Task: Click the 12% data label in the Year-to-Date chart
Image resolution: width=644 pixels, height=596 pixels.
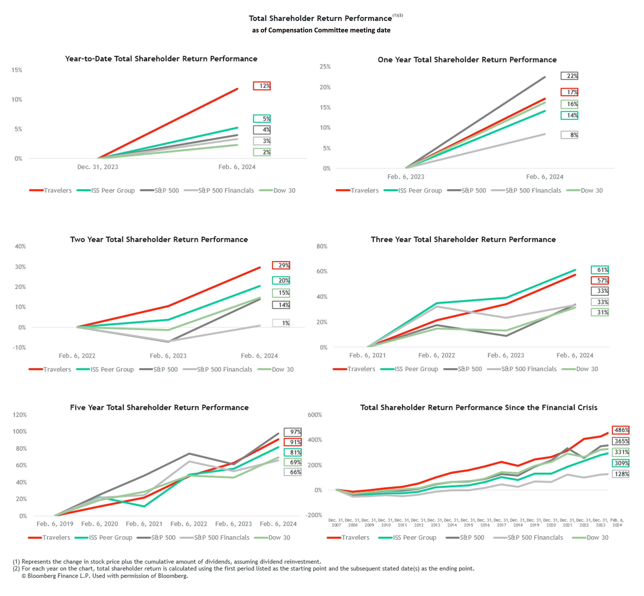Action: pos(261,86)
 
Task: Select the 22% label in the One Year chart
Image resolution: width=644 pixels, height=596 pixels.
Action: pos(569,76)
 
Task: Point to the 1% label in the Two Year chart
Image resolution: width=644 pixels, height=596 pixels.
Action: pos(281,323)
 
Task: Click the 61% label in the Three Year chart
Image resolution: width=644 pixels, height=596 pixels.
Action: pos(600,270)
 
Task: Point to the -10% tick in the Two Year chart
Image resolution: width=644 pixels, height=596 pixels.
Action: pos(19,347)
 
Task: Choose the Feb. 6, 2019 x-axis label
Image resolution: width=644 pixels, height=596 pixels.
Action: pos(55,524)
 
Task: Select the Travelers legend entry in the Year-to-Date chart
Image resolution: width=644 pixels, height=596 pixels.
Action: pos(57,190)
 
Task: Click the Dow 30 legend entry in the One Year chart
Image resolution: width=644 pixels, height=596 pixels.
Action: pos(592,190)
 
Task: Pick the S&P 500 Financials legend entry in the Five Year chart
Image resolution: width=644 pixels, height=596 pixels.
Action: pos(222,537)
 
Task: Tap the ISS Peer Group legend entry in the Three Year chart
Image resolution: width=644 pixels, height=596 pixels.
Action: pos(416,369)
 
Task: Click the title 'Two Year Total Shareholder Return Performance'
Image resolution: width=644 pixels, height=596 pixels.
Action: pos(159,239)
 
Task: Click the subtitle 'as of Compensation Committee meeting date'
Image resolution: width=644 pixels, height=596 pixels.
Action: pos(321,30)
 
